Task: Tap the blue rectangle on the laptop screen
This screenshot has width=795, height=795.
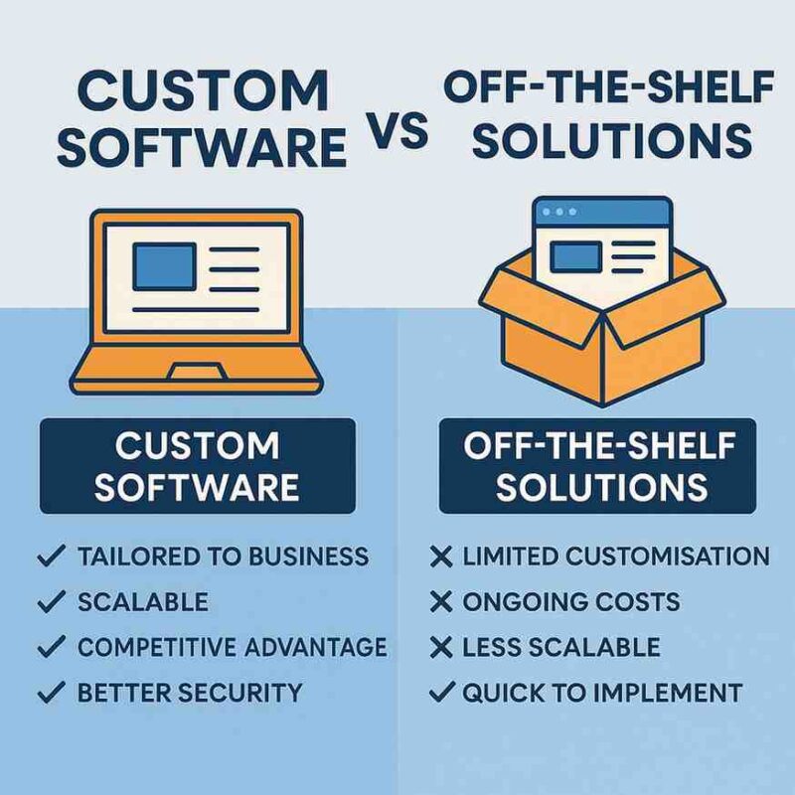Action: [165, 266]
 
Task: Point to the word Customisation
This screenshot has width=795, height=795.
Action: [671, 556]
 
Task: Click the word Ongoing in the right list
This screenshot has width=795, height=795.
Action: [521, 601]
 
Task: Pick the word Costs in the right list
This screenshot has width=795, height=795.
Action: [635, 601]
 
